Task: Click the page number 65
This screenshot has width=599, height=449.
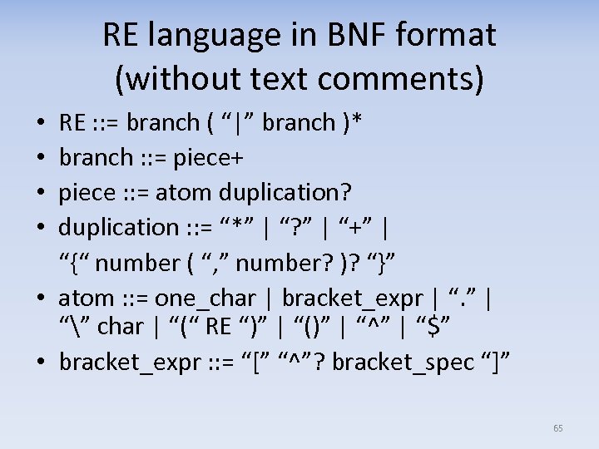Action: pyautogui.click(x=557, y=428)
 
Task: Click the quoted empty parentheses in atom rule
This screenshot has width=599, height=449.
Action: pyautogui.click(x=311, y=327)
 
